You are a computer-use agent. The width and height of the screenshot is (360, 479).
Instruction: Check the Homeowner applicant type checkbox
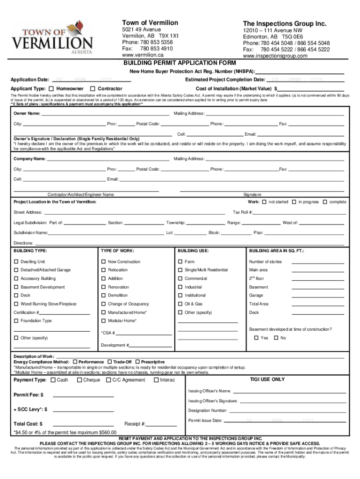tap(51, 88)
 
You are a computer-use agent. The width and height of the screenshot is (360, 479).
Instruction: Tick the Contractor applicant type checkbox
tap(93, 88)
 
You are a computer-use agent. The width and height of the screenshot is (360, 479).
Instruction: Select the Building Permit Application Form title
tap(180, 63)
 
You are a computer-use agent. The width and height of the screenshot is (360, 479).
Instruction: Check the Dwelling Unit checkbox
tap(16, 261)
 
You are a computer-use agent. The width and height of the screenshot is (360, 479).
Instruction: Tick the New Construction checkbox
tap(104, 261)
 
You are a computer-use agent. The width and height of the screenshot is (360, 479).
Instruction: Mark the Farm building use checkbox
tap(180, 261)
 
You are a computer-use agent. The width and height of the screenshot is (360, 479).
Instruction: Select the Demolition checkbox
tap(104, 295)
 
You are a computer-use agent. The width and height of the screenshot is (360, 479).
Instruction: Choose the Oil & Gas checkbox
tap(180, 304)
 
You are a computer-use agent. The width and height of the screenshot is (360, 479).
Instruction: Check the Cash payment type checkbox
tap(53, 380)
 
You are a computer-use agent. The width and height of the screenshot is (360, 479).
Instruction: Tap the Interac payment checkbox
tap(156, 380)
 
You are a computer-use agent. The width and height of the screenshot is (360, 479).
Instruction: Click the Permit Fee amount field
tap(83, 395)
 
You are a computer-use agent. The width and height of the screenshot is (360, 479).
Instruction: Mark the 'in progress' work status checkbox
tap(294, 202)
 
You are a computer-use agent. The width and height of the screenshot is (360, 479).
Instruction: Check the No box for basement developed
tap(276, 337)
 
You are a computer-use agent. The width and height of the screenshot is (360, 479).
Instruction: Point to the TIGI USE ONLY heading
tap(267, 379)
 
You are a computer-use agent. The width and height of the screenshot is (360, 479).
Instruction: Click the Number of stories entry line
tap(317, 262)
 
